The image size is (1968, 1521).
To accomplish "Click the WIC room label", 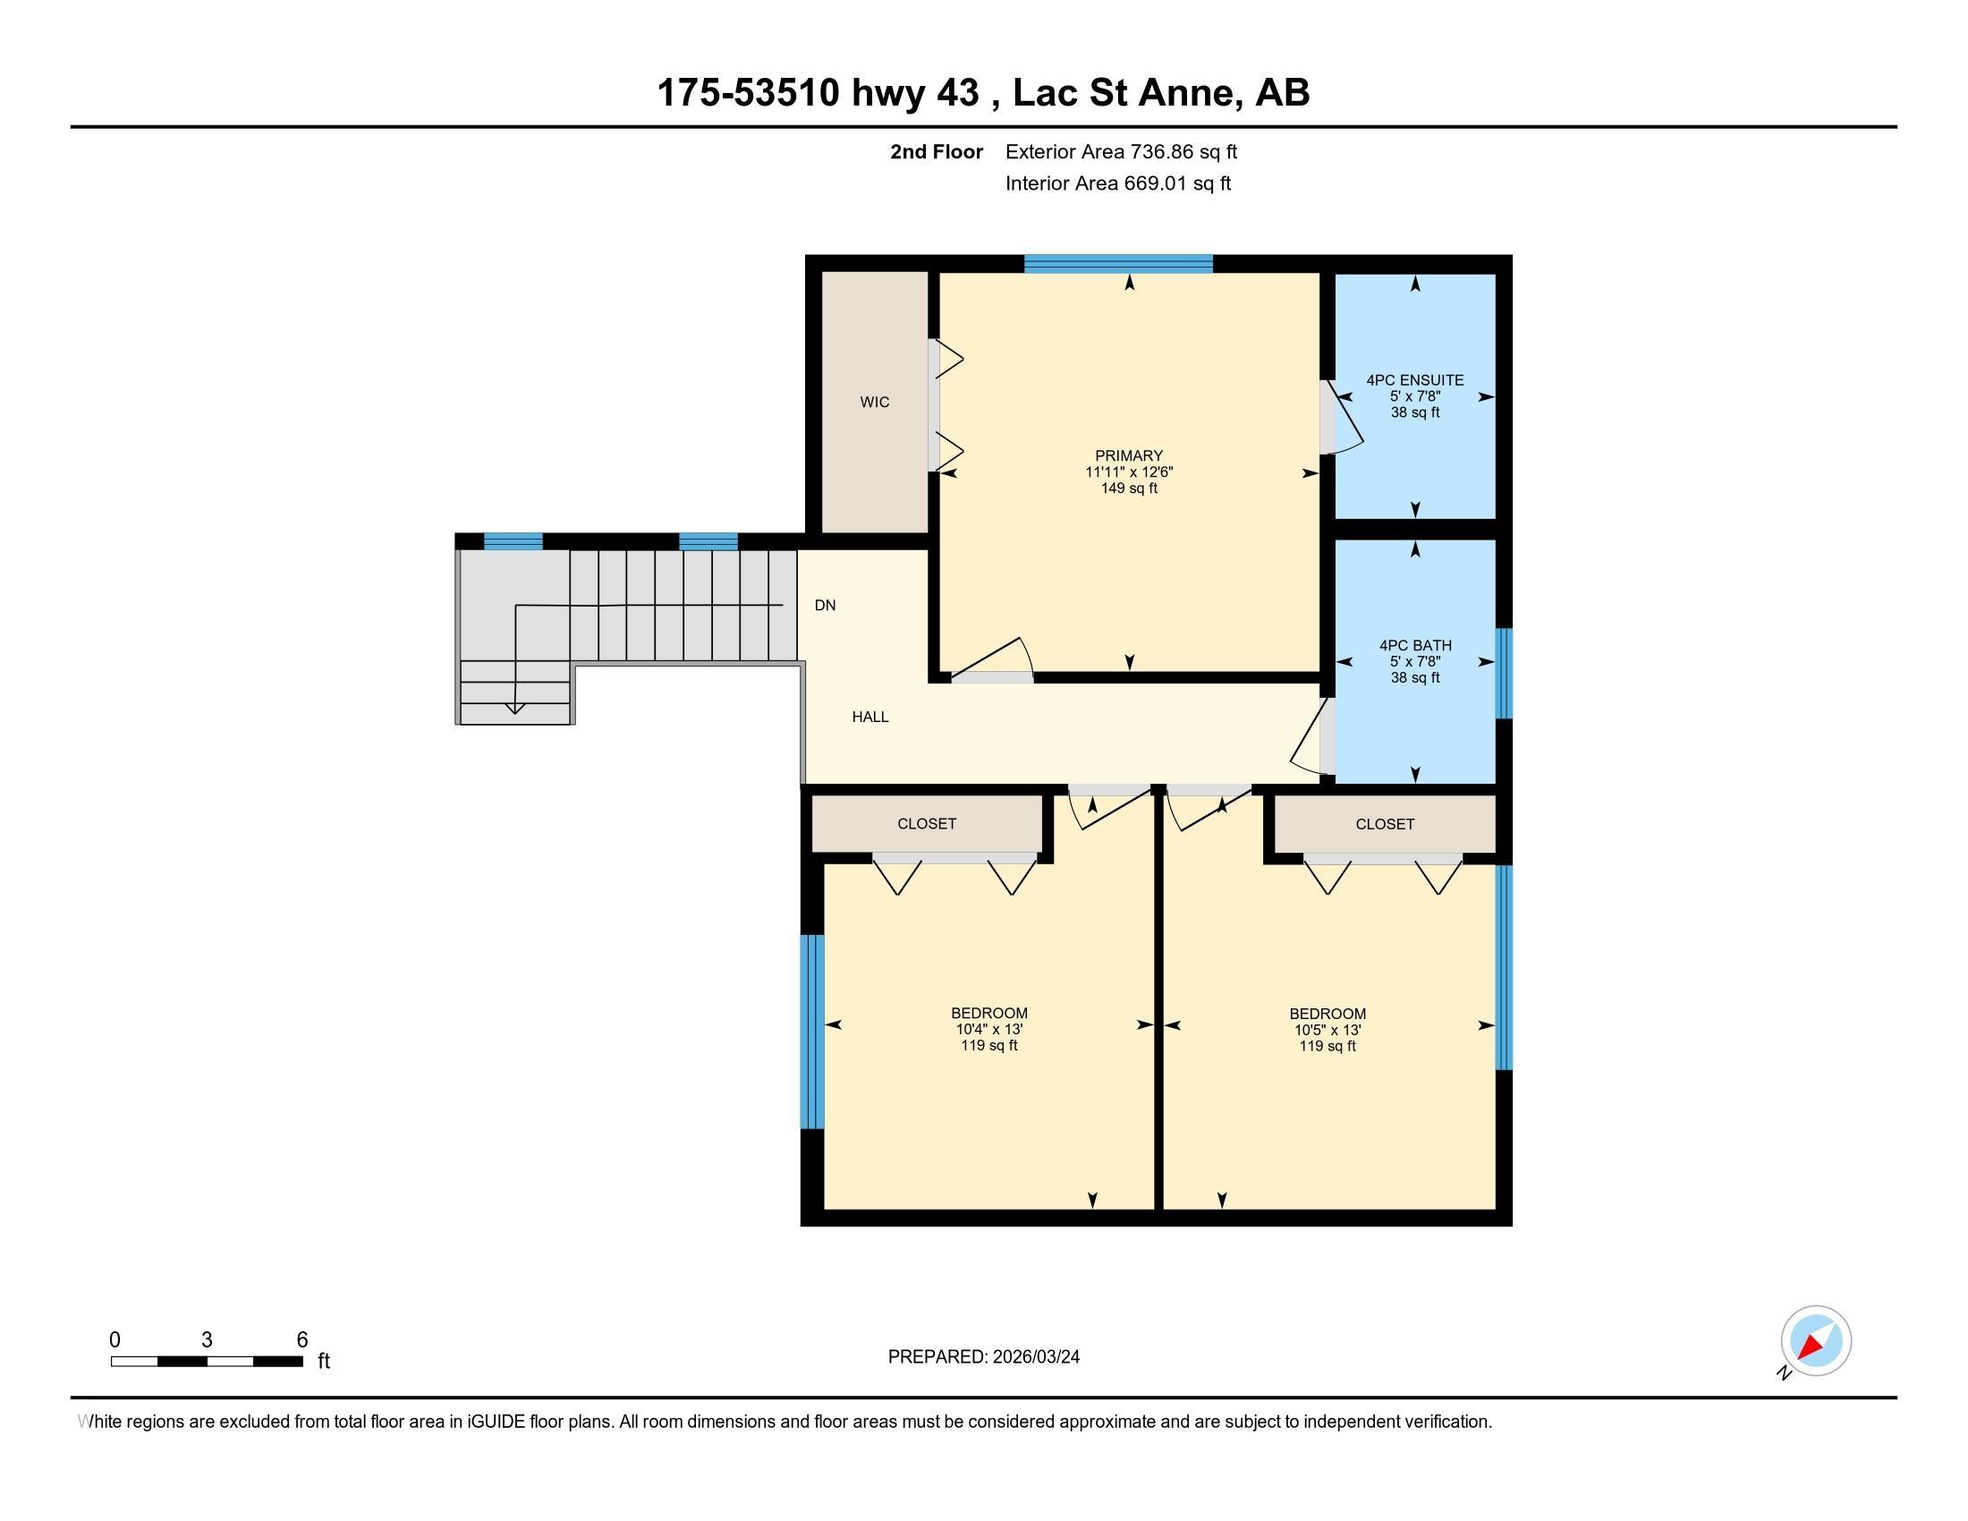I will pos(874,402).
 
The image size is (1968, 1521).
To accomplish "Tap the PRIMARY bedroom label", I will pos(1128,456).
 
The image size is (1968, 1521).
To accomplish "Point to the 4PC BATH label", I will pos(1415,645).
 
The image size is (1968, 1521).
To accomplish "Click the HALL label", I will pos(869,718).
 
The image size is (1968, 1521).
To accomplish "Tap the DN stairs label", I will pos(825,606).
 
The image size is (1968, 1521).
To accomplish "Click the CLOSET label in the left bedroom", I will pos(927,823).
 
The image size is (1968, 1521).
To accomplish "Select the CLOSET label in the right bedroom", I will pos(1384,823).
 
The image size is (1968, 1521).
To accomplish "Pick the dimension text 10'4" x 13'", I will pos(988,1029).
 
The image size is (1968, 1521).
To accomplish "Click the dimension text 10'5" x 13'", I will pos(1327,1030).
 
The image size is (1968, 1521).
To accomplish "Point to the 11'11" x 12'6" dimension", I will pos(1128,472).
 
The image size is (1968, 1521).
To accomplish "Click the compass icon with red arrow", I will pos(1815,1341).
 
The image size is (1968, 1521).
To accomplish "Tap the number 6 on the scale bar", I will pos(301,1340).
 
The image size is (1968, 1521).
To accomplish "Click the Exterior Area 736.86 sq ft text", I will pos(1121,152).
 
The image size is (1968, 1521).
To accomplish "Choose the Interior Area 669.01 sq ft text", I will pos(1117,183).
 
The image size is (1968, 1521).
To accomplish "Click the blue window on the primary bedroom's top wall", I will pos(1117,264).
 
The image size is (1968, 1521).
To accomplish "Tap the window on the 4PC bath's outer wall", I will pos(1503,673).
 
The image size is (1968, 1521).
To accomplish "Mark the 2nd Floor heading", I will pos(936,152).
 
